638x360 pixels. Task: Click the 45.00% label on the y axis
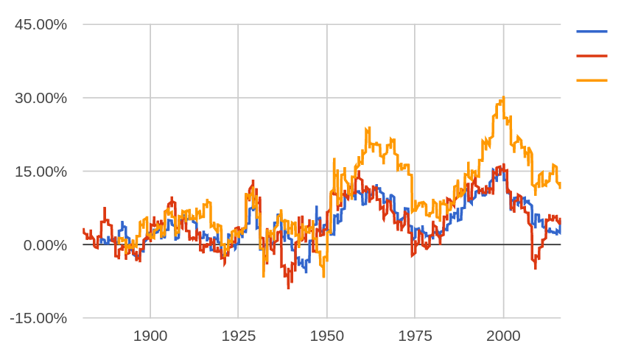click(41, 24)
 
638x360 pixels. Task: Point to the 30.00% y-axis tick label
click(41, 98)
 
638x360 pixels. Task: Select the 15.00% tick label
click(41, 172)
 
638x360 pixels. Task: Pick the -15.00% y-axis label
click(38, 319)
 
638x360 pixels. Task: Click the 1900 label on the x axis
click(150, 336)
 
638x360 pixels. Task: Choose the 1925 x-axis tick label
click(239, 336)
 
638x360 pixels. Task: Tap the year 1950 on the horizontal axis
click(327, 336)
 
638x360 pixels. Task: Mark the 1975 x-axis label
click(416, 336)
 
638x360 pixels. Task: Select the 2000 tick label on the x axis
click(504, 336)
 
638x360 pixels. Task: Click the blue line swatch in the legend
click(592, 32)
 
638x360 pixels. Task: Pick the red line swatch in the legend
click(592, 56)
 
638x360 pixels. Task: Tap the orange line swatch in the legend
click(592, 80)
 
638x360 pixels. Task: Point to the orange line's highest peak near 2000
click(503, 97)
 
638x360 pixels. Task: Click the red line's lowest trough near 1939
click(288, 288)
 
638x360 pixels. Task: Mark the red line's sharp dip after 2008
click(536, 268)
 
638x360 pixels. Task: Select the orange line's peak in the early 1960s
click(367, 128)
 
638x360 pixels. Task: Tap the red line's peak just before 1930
click(253, 180)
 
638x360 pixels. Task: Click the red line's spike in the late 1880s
click(105, 208)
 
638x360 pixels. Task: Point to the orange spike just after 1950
click(334, 159)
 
